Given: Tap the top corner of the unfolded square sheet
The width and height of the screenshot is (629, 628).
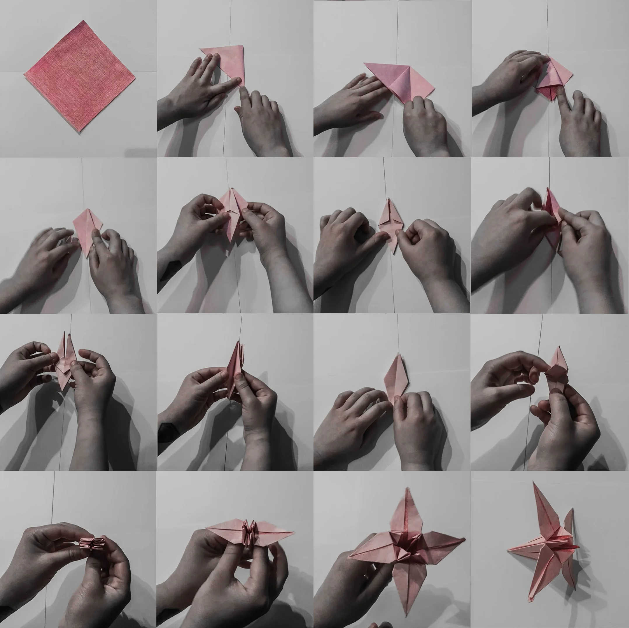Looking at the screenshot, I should [x=84, y=21].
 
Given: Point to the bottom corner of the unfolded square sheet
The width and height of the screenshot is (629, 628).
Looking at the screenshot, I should [x=79, y=132].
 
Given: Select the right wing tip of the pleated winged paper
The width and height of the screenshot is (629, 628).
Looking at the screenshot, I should [x=294, y=532].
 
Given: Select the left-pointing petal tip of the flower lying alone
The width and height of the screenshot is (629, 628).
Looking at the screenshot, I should [x=508, y=550].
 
